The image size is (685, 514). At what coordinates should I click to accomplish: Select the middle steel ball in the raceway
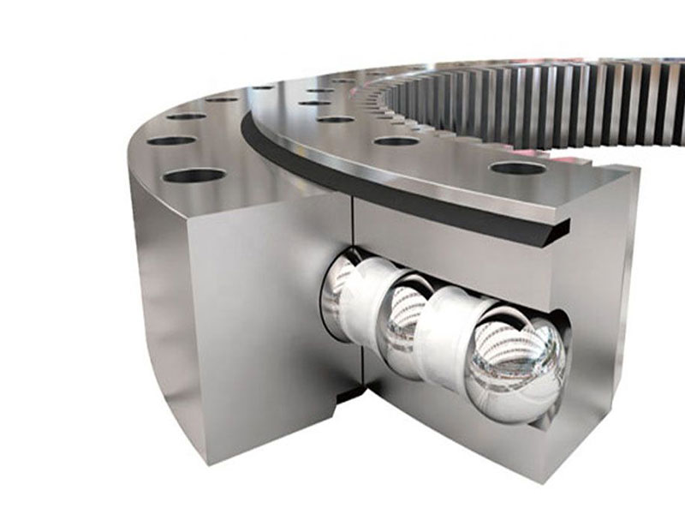(402, 321)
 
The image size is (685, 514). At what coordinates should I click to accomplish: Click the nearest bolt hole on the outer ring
(194, 176)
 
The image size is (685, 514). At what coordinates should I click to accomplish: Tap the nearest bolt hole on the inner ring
(517, 168)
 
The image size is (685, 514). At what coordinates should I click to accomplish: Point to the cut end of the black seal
(557, 227)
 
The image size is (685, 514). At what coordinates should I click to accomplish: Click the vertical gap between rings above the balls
(351, 231)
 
